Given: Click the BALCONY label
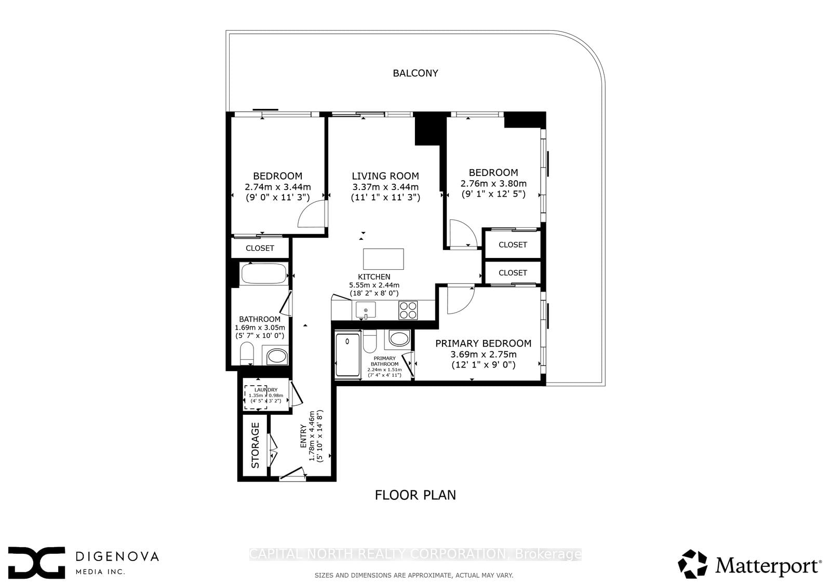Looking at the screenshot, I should point(415,73).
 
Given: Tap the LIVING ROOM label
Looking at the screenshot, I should point(385,176).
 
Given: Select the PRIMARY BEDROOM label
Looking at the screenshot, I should point(483,343).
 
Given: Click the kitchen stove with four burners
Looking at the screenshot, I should point(408,310).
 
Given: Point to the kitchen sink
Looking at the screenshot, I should point(366,310).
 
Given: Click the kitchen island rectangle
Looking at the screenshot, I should point(383,258).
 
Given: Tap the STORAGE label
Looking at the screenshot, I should point(256,445).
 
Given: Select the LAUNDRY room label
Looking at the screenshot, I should point(266,390).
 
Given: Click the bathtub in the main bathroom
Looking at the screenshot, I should point(264,274).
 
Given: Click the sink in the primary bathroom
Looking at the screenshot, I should point(399,339).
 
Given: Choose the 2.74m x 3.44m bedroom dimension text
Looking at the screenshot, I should point(277,187).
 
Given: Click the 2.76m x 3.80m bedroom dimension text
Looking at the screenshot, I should point(493,184).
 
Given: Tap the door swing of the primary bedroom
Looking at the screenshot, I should point(460,300).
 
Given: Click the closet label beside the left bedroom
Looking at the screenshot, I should point(260,248).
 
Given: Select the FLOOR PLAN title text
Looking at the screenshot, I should point(415,495).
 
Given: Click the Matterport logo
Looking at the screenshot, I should point(749,565).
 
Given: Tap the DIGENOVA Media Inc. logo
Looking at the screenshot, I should point(83,562).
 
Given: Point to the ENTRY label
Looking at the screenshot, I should point(303,437).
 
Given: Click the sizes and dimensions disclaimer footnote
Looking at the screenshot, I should point(414,575).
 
